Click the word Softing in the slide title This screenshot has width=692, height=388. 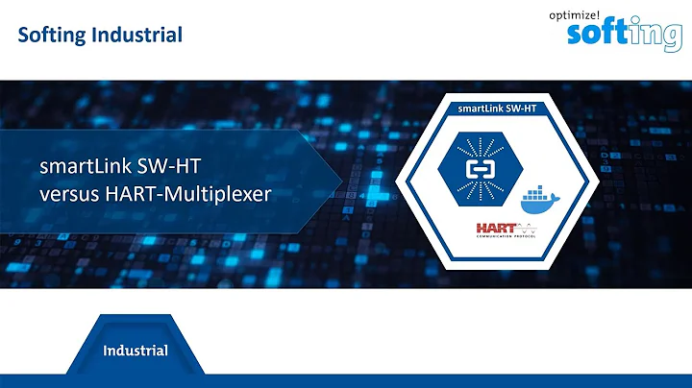(50, 36)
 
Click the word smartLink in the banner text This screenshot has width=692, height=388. (81, 167)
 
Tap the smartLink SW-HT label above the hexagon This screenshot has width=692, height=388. (497, 109)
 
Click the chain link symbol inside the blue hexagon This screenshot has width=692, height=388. (478, 169)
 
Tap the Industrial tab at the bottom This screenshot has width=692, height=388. (136, 351)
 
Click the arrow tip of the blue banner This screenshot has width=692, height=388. (339, 179)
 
